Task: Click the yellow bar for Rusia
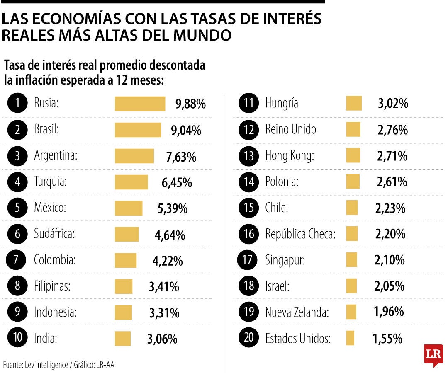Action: click(140, 104)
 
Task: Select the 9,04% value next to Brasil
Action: click(186, 131)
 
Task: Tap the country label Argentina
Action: click(56, 156)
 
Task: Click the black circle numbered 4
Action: click(17, 182)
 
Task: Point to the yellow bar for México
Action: click(129, 208)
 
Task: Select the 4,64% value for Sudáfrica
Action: click(170, 235)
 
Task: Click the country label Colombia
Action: click(55, 260)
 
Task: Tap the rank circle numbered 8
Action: click(17, 286)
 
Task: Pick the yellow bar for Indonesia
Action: click(123, 312)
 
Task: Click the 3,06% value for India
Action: click(162, 339)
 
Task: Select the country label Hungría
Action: click(282, 103)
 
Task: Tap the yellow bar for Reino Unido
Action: click(353, 129)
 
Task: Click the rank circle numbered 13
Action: click(249, 156)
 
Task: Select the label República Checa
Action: click(300, 234)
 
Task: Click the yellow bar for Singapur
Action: click(351, 260)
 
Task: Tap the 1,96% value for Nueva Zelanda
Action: click(389, 311)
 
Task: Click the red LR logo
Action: click(433, 355)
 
